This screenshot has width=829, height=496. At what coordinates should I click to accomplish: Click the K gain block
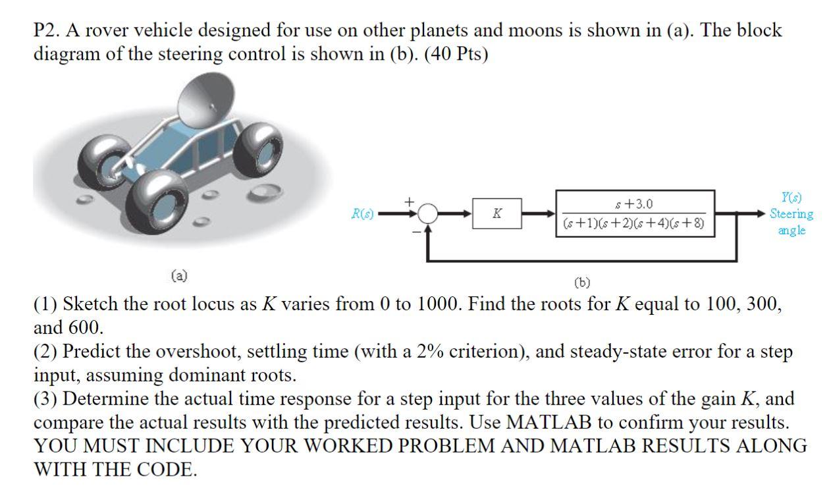pos(496,213)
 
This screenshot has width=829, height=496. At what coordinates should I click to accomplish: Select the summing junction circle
pos(429,213)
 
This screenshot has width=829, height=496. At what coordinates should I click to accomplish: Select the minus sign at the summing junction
pos(417,231)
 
